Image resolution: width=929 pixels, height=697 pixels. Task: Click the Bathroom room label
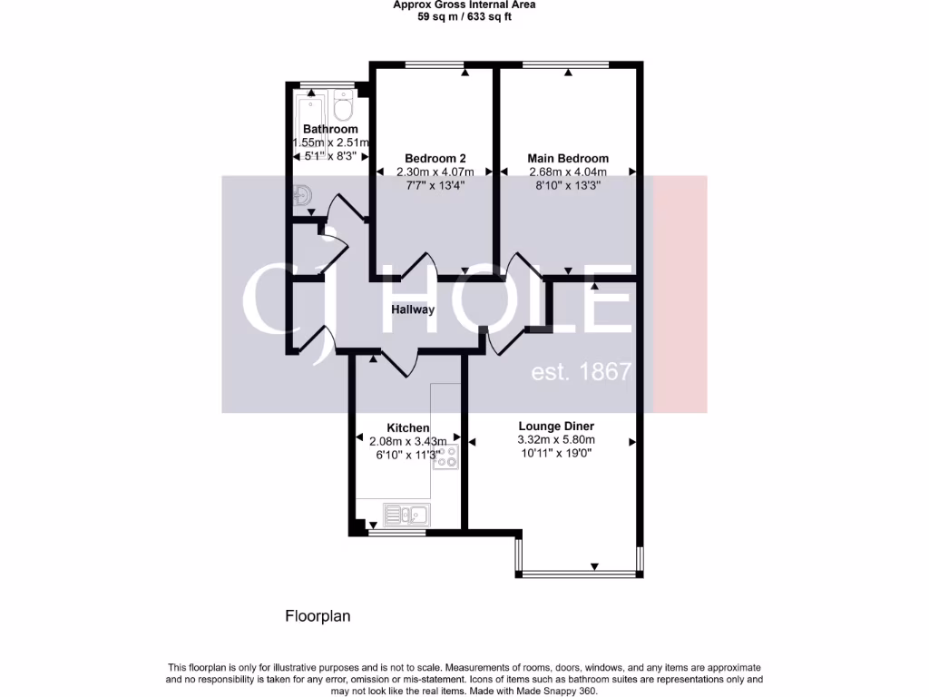pos(330,129)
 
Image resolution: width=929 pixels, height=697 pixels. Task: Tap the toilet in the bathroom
pos(342,107)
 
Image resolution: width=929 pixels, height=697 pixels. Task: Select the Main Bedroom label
pos(568,158)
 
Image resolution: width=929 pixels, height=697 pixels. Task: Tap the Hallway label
pos(413,309)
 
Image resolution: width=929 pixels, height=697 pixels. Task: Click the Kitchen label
pos(408,427)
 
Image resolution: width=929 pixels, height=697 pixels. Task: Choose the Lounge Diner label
pos(556,426)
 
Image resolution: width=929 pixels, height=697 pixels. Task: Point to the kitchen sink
pos(406,515)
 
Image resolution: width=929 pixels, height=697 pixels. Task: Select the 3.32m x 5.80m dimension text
pos(556,440)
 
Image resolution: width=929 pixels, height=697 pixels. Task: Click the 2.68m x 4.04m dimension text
pos(568,172)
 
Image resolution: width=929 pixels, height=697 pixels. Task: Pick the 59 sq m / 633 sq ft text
pos(464,16)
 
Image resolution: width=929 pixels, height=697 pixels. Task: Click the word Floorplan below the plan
pos(318,616)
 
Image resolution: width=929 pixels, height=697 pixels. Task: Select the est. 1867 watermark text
pos(581,372)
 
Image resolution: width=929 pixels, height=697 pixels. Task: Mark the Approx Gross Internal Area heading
pos(464,5)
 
